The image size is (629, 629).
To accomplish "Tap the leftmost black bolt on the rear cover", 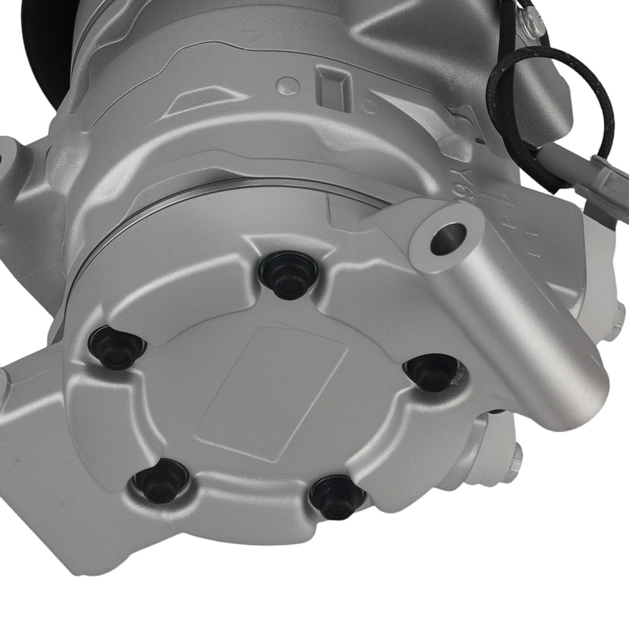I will point(113,348).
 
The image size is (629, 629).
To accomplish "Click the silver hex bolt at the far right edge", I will point(620,327).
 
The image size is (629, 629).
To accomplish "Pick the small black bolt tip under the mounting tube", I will point(497,413).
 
